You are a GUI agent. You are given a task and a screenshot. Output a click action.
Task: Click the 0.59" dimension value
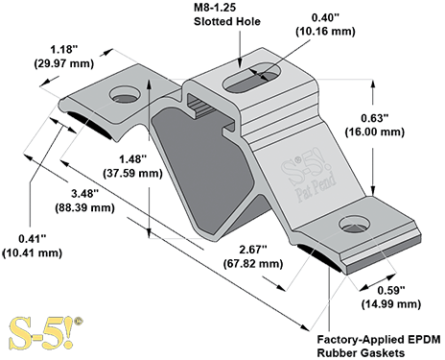tap(391, 292)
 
